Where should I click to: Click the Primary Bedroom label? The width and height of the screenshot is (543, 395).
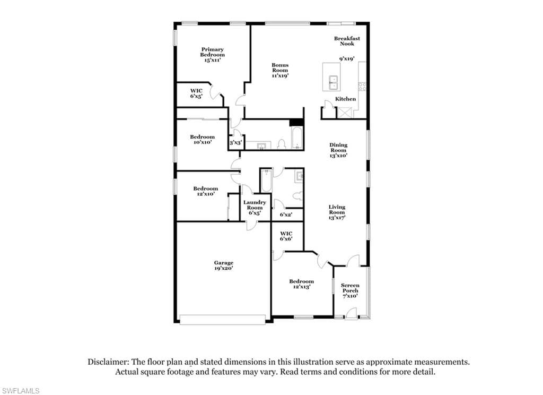coord(212,55)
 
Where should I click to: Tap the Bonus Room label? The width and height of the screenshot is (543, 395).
coord(280,70)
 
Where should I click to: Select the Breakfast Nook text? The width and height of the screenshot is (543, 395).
coord(347,41)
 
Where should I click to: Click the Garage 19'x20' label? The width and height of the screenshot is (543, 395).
coord(223,265)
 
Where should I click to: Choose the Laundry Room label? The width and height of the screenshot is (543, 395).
coord(255,208)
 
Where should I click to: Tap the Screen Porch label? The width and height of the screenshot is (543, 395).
coord(350,290)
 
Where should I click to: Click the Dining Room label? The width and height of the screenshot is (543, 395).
coord(338,150)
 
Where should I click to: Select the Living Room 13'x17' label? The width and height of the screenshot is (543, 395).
coord(337,212)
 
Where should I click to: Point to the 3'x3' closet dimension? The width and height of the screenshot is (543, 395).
coord(235,142)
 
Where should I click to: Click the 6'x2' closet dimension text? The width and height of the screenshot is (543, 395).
coord(286,214)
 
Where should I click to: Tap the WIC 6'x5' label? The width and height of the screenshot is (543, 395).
coord(196,93)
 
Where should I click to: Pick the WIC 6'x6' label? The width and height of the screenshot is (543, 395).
coord(286,236)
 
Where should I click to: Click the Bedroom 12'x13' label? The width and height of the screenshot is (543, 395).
coord(301,284)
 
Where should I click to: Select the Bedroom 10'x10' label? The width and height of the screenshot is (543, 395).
coord(202,140)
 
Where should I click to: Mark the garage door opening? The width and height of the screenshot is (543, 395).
coord(223,320)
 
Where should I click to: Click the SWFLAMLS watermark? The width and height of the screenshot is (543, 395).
coord(20,391)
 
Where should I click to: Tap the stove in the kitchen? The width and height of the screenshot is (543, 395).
coord(362,86)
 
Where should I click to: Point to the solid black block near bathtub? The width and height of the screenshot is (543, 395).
coord(296,123)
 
